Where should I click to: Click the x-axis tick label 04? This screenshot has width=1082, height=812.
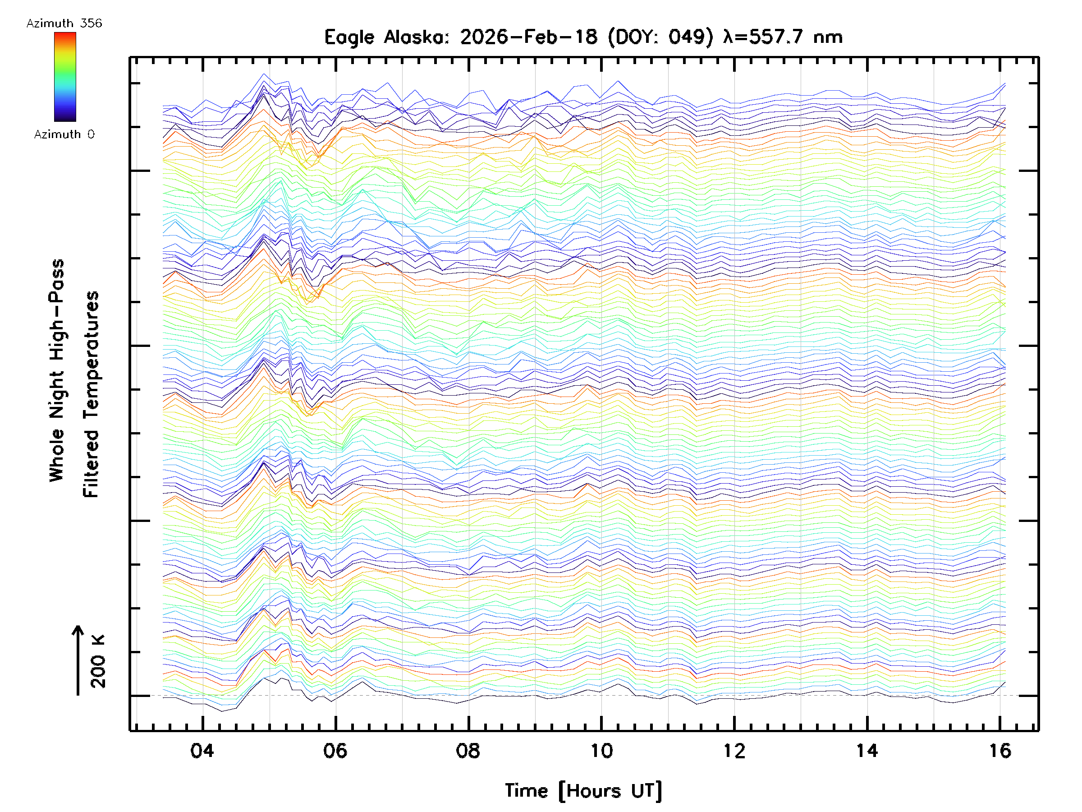pyautogui.click(x=202, y=750)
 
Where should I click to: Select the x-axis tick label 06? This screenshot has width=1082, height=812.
pyautogui.click(x=335, y=750)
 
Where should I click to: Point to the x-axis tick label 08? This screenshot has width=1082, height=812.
pyautogui.click(x=468, y=750)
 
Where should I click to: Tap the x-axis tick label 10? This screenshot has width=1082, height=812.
pyautogui.click(x=601, y=750)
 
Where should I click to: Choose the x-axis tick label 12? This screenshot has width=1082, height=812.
pyautogui.click(x=734, y=750)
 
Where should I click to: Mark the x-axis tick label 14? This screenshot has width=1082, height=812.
pyautogui.click(x=867, y=750)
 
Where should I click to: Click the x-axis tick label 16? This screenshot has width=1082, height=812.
pyautogui.click(x=1000, y=750)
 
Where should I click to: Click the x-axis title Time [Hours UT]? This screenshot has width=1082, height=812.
pyautogui.click(x=583, y=790)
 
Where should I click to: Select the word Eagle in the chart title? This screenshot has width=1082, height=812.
pyautogui.click(x=349, y=37)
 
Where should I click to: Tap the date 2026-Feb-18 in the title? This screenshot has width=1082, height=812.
pyautogui.click(x=529, y=37)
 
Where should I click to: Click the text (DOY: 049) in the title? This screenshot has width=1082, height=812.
pyautogui.click(x=661, y=37)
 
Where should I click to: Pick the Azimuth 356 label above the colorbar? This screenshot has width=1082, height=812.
pyautogui.click(x=64, y=23)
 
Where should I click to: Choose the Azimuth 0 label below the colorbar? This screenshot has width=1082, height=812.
pyautogui.click(x=64, y=134)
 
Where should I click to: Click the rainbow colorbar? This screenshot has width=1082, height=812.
pyautogui.click(x=65, y=77)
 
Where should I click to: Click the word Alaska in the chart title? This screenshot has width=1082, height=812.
pyautogui.click(x=416, y=37)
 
